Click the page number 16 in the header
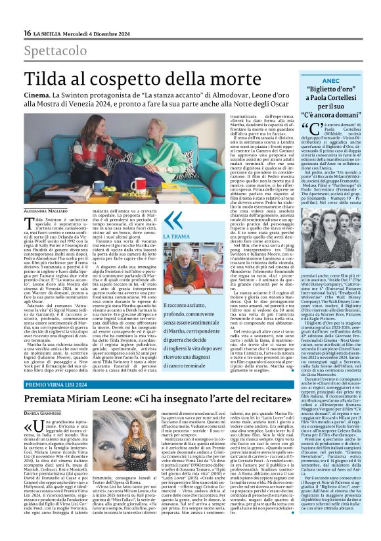[27, 33]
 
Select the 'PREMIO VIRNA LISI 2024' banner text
[58, 383]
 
